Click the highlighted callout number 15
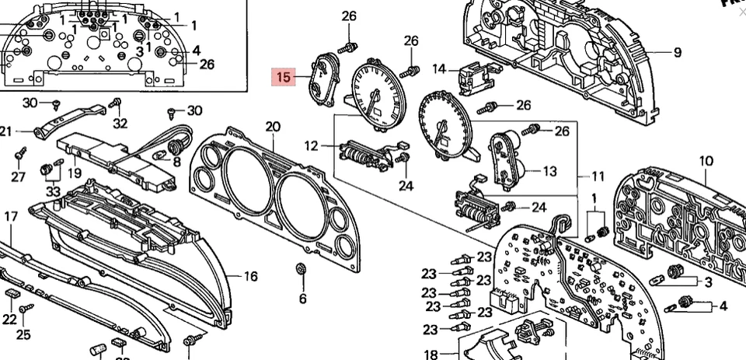pos(283,77)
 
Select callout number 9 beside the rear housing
pos(677,53)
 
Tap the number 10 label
pos(706,162)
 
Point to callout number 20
pos(272,127)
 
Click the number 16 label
pos(250,276)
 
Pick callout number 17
pos(10,216)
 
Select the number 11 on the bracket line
pos(598,177)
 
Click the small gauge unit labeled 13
pos(507,158)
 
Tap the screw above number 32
pos(117,103)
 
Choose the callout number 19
pos(75,173)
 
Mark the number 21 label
pos(6,131)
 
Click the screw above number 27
pos(21,152)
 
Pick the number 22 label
pos(9,320)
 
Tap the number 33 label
pos(53,191)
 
